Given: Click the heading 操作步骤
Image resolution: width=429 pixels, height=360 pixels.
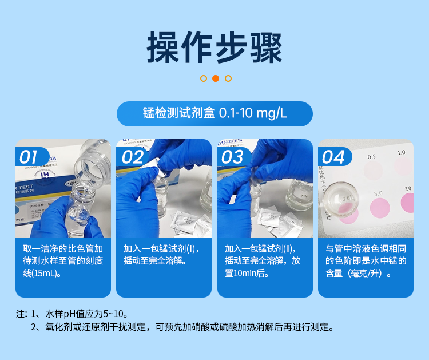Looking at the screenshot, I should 214,48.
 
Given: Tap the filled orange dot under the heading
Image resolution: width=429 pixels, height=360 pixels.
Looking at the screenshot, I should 216,78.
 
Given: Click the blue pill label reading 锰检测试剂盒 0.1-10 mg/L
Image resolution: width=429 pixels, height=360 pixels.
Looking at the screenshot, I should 214,113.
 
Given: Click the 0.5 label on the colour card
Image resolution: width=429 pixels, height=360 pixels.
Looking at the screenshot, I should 372,156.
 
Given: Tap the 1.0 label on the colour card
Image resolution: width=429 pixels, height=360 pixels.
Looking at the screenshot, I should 401,153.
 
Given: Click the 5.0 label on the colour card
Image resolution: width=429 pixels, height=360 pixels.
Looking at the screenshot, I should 378,193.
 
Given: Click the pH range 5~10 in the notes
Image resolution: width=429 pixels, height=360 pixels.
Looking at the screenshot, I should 110,314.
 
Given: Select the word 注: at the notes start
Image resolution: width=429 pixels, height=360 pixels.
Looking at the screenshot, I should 22,314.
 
